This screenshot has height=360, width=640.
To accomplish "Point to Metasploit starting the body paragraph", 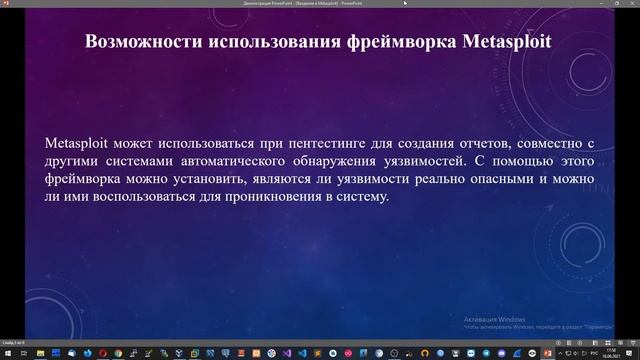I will click(x=79, y=141).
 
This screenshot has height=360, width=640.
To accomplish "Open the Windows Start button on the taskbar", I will click(x=8, y=353).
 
